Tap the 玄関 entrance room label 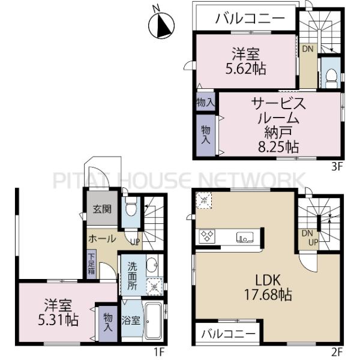(102, 209)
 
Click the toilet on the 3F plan (331, 77)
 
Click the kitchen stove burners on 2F (207, 236)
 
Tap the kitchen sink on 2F (245, 237)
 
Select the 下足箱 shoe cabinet (92, 264)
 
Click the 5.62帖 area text (245, 68)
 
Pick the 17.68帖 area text (268, 295)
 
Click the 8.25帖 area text (278, 147)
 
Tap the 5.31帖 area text (58, 320)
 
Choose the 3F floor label (337, 167)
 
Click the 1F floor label (159, 352)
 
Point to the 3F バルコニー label (250, 19)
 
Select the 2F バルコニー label (228, 334)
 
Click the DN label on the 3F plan (307, 49)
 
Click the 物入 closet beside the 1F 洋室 (108, 323)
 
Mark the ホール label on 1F (103, 239)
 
